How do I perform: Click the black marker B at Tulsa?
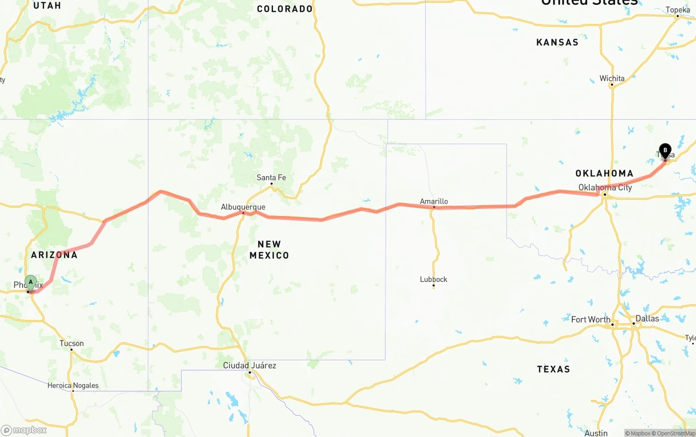[x=665, y=151]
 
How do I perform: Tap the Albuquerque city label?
[x=243, y=207]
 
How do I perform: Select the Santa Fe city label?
[x=271, y=177]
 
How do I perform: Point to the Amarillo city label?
[x=434, y=201]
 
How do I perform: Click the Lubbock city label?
[x=433, y=279]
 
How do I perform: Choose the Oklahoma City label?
[x=605, y=187]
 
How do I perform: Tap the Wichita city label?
[x=612, y=78]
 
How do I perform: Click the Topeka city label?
[x=678, y=10]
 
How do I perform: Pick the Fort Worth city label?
[x=591, y=319]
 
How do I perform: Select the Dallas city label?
[x=647, y=318]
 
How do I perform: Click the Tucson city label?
[x=72, y=343]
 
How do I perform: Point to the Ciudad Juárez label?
[x=250, y=365]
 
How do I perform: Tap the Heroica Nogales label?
[x=73, y=385]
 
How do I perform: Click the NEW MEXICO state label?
[x=269, y=249]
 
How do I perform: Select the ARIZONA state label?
[x=54, y=255]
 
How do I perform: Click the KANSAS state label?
[x=557, y=42]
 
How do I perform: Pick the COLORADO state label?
[x=285, y=9]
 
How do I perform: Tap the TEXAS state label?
[x=554, y=369]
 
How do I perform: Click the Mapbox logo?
[x=24, y=430]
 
